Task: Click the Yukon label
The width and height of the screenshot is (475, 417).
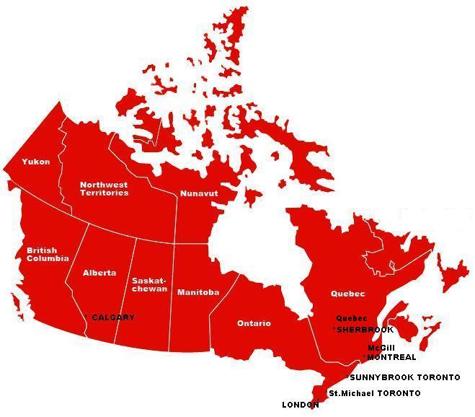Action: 36,162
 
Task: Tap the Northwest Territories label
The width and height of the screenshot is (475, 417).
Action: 105,188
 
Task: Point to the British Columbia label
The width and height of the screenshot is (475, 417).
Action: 48,254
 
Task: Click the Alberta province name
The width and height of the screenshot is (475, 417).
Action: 99,273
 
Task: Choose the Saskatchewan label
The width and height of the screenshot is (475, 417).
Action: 149,284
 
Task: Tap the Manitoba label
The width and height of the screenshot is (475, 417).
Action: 198,292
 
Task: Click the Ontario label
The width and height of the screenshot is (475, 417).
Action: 254,323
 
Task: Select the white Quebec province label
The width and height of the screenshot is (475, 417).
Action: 348,294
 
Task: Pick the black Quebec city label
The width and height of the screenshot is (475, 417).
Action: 352,318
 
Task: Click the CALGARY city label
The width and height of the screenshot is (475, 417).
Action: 113,317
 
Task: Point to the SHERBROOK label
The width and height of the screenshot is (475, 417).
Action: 365,330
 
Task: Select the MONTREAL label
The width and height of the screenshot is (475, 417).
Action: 391,357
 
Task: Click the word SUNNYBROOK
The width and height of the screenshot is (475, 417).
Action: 383,377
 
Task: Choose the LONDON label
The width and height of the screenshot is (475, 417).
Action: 300,405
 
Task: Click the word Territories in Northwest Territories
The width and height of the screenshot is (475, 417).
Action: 105,193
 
